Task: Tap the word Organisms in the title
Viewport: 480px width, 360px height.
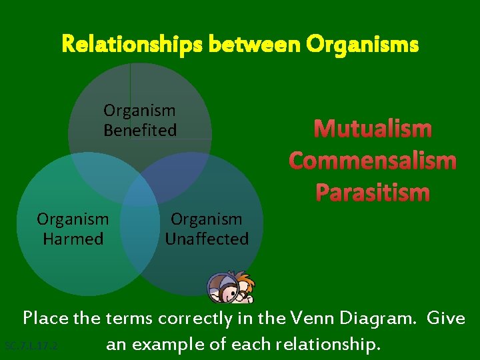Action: (363, 45)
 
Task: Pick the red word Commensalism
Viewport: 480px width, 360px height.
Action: (373, 161)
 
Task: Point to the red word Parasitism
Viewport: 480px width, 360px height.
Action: (373, 193)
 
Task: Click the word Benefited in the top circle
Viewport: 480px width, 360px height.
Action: (140, 130)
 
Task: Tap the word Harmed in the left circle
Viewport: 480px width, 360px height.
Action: (73, 238)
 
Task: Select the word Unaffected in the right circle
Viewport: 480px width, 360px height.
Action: (207, 238)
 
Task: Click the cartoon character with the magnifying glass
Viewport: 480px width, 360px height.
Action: (231, 287)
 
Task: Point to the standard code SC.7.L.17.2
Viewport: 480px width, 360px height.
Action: (31, 346)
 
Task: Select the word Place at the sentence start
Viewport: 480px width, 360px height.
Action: (46, 319)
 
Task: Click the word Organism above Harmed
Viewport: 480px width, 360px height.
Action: (73, 219)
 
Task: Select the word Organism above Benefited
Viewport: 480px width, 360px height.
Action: (139, 111)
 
